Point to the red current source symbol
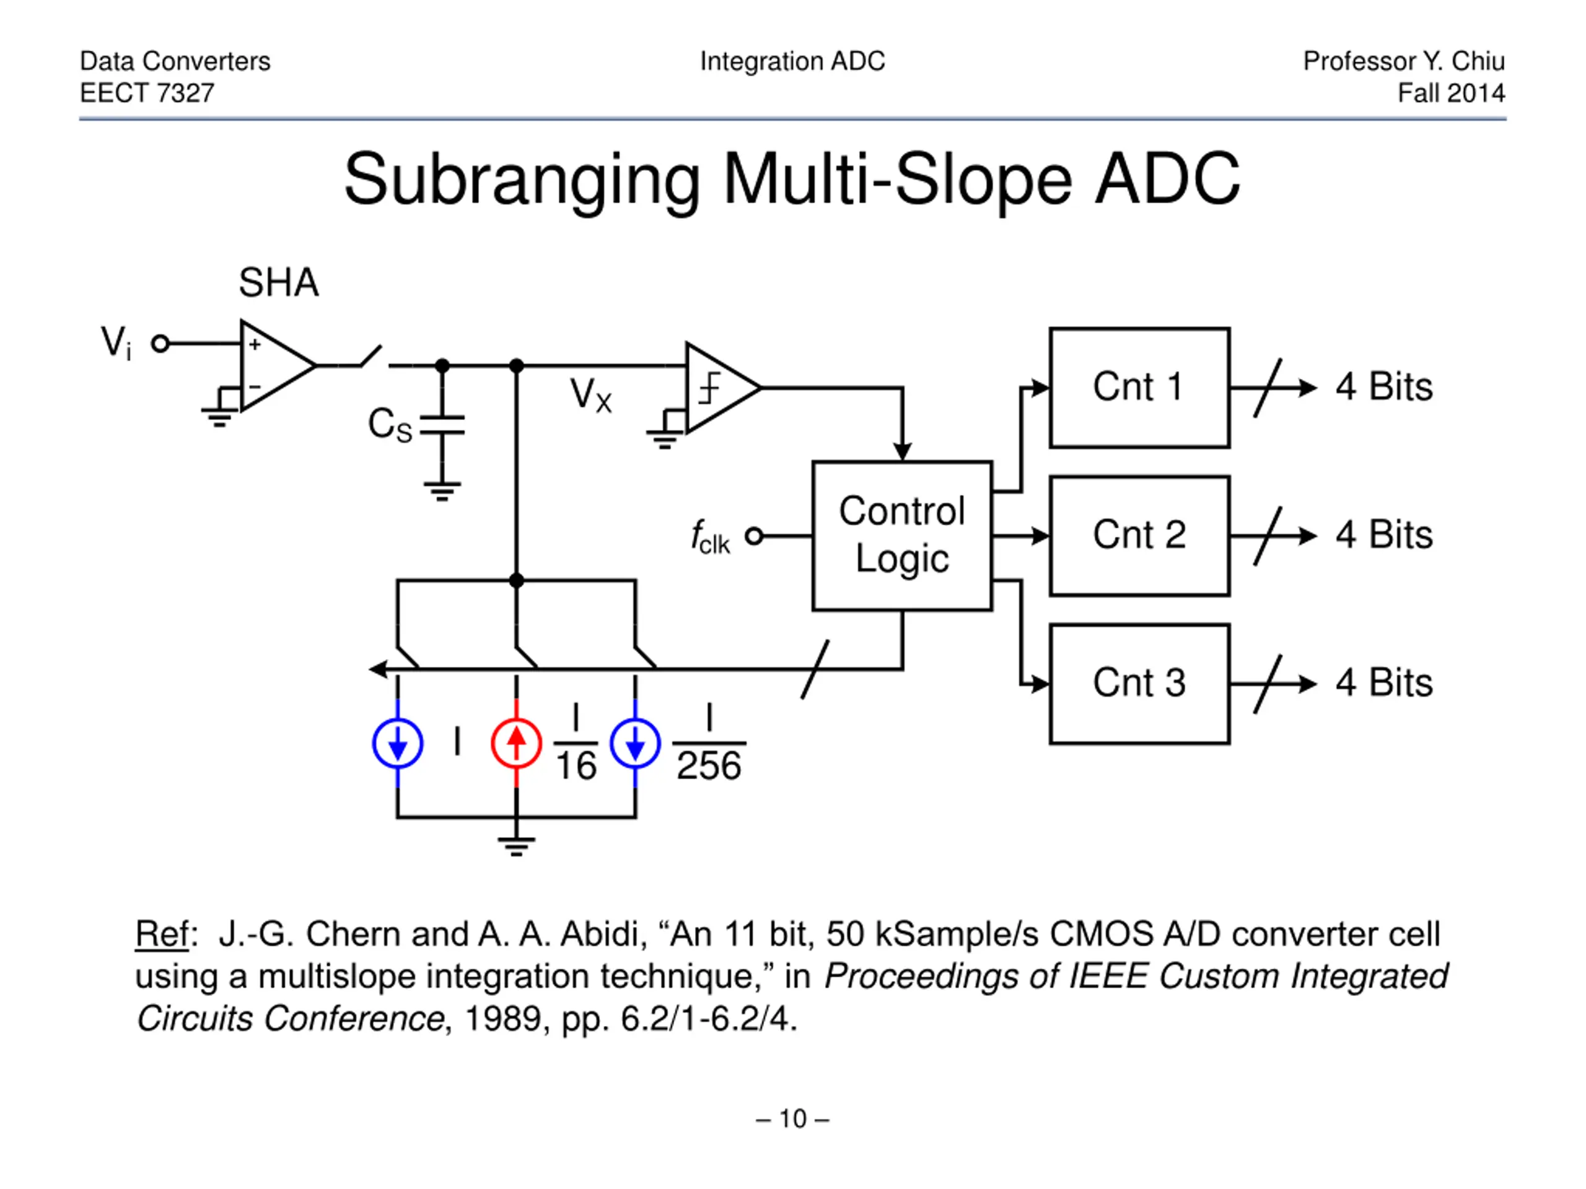pos(516,743)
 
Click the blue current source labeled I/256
pos(635,743)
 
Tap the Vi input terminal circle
pos(160,344)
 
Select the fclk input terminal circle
pos(753,536)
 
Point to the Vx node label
pos(591,395)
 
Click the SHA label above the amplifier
pos(279,282)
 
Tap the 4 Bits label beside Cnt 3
pos(1384,682)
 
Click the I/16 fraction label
pos(576,743)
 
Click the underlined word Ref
pos(162,934)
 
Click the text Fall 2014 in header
pos(1451,92)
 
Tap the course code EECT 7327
pos(147,92)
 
